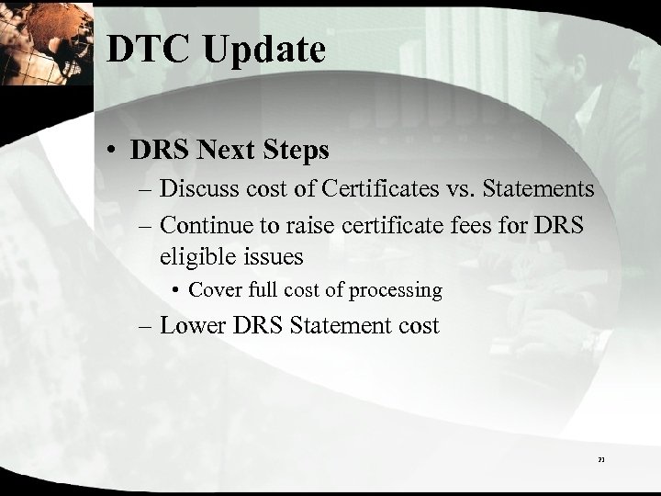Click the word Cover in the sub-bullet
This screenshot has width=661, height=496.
214,290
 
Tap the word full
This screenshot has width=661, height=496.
259,290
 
